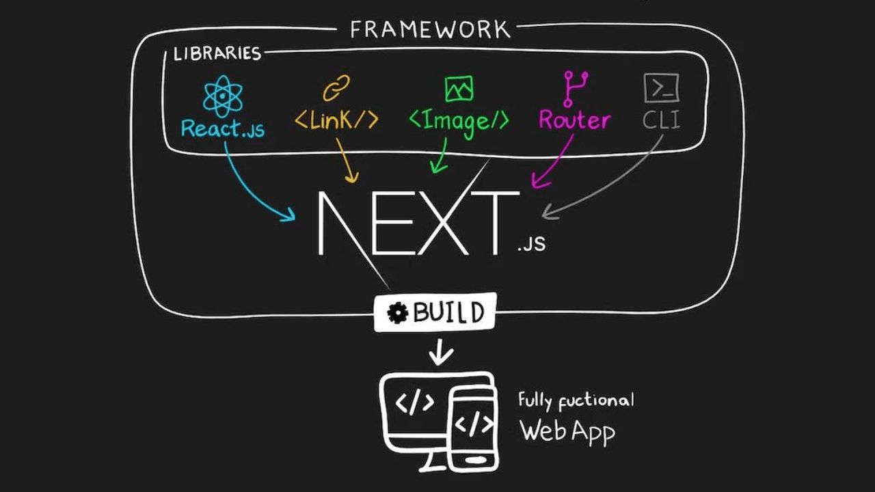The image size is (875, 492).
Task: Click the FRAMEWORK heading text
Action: point(430,29)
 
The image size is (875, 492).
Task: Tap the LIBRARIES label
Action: point(217,53)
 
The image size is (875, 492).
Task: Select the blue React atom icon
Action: point(223,96)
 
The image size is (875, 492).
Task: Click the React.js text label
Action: point(223,128)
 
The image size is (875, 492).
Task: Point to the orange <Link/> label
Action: point(336,120)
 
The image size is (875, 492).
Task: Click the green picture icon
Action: point(459,89)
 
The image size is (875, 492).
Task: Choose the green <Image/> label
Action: point(459,121)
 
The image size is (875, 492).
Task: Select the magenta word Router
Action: point(574,120)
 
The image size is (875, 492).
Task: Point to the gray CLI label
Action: point(661,120)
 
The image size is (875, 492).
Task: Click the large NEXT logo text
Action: point(417,222)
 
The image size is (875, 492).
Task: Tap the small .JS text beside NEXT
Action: point(532,243)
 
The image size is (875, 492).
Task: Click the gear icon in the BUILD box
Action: point(397,313)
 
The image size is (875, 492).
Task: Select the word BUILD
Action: point(448,313)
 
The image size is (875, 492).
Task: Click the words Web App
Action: point(567,431)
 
